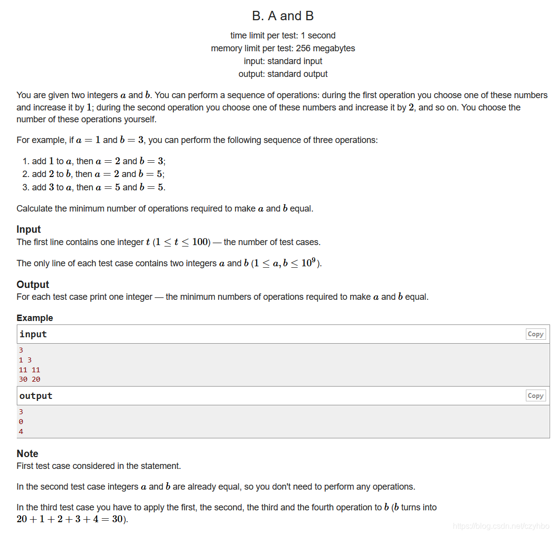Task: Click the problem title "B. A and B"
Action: (x=282, y=16)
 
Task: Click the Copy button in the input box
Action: (x=535, y=334)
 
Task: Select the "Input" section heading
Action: (x=29, y=229)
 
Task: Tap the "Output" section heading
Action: (x=33, y=285)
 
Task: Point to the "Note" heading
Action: (x=27, y=454)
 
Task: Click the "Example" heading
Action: (x=35, y=318)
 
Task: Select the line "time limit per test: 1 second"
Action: (x=282, y=36)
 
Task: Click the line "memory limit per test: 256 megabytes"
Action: (x=282, y=48)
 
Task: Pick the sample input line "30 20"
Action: (x=30, y=379)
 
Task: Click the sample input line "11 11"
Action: (x=30, y=370)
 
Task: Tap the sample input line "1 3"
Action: (x=25, y=360)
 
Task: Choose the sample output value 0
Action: (x=21, y=422)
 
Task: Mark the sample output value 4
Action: (x=21, y=431)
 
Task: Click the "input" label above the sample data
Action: (x=33, y=334)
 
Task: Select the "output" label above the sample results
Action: (x=36, y=396)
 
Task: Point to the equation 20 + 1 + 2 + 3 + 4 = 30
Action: (x=72, y=519)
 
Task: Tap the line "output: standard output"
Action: (x=282, y=74)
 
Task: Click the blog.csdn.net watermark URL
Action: (x=501, y=526)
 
